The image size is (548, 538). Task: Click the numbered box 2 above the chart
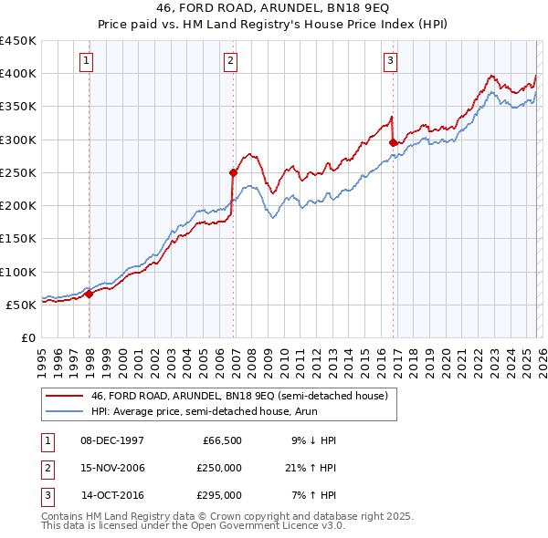230,61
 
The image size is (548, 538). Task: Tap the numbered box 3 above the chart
390,61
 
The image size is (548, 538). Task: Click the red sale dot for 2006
233,171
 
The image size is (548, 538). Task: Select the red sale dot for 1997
90,294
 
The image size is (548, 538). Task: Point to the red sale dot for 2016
393,142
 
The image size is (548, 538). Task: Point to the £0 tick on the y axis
28,337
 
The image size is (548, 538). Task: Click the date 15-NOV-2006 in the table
112,468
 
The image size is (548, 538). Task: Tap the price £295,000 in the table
219,495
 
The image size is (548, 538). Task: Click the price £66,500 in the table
222,440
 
